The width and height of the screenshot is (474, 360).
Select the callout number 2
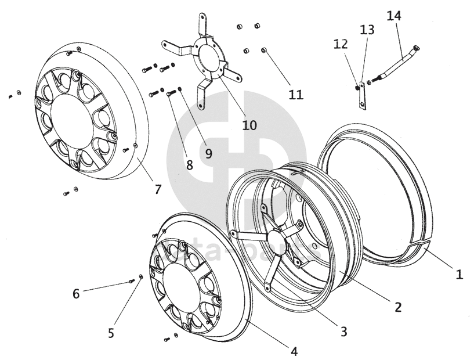pos(398,307)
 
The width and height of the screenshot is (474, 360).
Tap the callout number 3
pos(343,332)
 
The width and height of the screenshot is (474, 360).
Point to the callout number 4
pos(294,351)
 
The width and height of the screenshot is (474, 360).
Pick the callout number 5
pos(111,333)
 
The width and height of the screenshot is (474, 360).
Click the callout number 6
pos(76,294)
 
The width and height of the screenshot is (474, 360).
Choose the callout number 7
pos(158,189)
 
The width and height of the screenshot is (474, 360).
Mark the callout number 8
pos(189,164)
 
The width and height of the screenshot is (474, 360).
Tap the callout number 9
pos(208,153)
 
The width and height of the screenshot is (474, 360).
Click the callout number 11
pos(296,94)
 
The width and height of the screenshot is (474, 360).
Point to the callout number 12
pos(340,44)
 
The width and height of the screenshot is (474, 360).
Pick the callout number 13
pos(367,30)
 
